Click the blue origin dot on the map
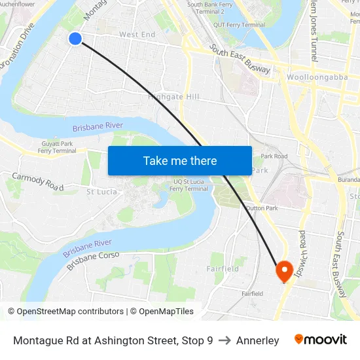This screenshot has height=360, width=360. [x=75, y=39]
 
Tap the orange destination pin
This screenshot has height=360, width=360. [x=284, y=270]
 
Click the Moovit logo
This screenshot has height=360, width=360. [x=320, y=340]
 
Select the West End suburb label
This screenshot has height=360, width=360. [x=137, y=35]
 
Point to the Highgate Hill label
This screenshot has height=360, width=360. [x=173, y=97]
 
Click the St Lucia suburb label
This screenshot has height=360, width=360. [x=102, y=192]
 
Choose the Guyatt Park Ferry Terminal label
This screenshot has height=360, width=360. [x=57, y=147]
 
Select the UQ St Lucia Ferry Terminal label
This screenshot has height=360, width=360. [x=189, y=185]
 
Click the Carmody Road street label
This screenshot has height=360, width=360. [x=37, y=182]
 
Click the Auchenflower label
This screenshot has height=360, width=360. [x=18, y=4]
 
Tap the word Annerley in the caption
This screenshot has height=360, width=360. [x=257, y=340]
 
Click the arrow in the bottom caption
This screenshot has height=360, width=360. [x=225, y=340]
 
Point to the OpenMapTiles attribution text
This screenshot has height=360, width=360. [x=162, y=312]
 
